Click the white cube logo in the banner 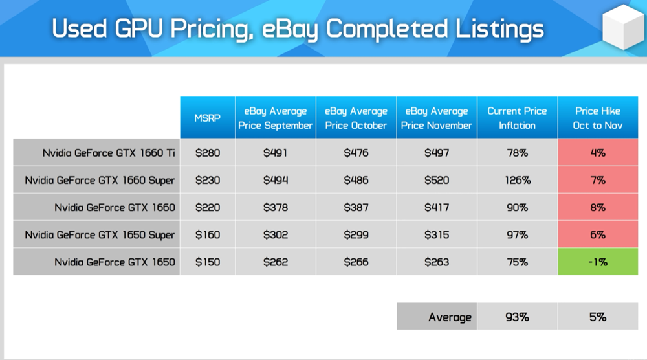pyautogui.click(x=623, y=27)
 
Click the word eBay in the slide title pyautogui.click(x=290, y=30)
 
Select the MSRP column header pyautogui.click(x=208, y=118)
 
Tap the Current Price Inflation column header pyautogui.click(x=517, y=118)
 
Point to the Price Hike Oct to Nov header pyautogui.click(x=597, y=118)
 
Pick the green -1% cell pyautogui.click(x=598, y=262)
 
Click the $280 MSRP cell pyautogui.click(x=208, y=153)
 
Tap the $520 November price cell pyautogui.click(x=437, y=180)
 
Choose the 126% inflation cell pyautogui.click(x=518, y=180)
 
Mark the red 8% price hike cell pyautogui.click(x=598, y=207)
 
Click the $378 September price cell pyautogui.click(x=276, y=207)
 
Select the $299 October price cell pyautogui.click(x=356, y=234)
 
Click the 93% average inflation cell pyautogui.click(x=518, y=317)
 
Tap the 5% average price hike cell pyautogui.click(x=598, y=317)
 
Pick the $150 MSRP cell pyautogui.click(x=208, y=262)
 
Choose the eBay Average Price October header pyautogui.click(x=356, y=118)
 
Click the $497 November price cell pyautogui.click(x=437, y=153)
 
